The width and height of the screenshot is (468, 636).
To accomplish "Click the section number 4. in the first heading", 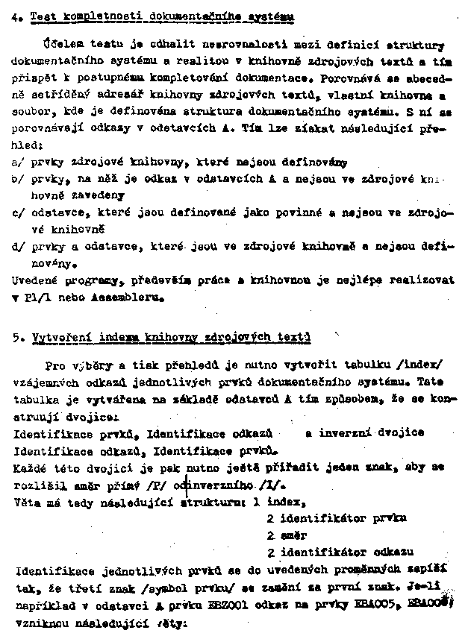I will point(16,15).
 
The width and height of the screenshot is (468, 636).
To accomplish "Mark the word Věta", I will point(28,502).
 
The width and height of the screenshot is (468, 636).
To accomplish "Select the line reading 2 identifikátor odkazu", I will point(340,552).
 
